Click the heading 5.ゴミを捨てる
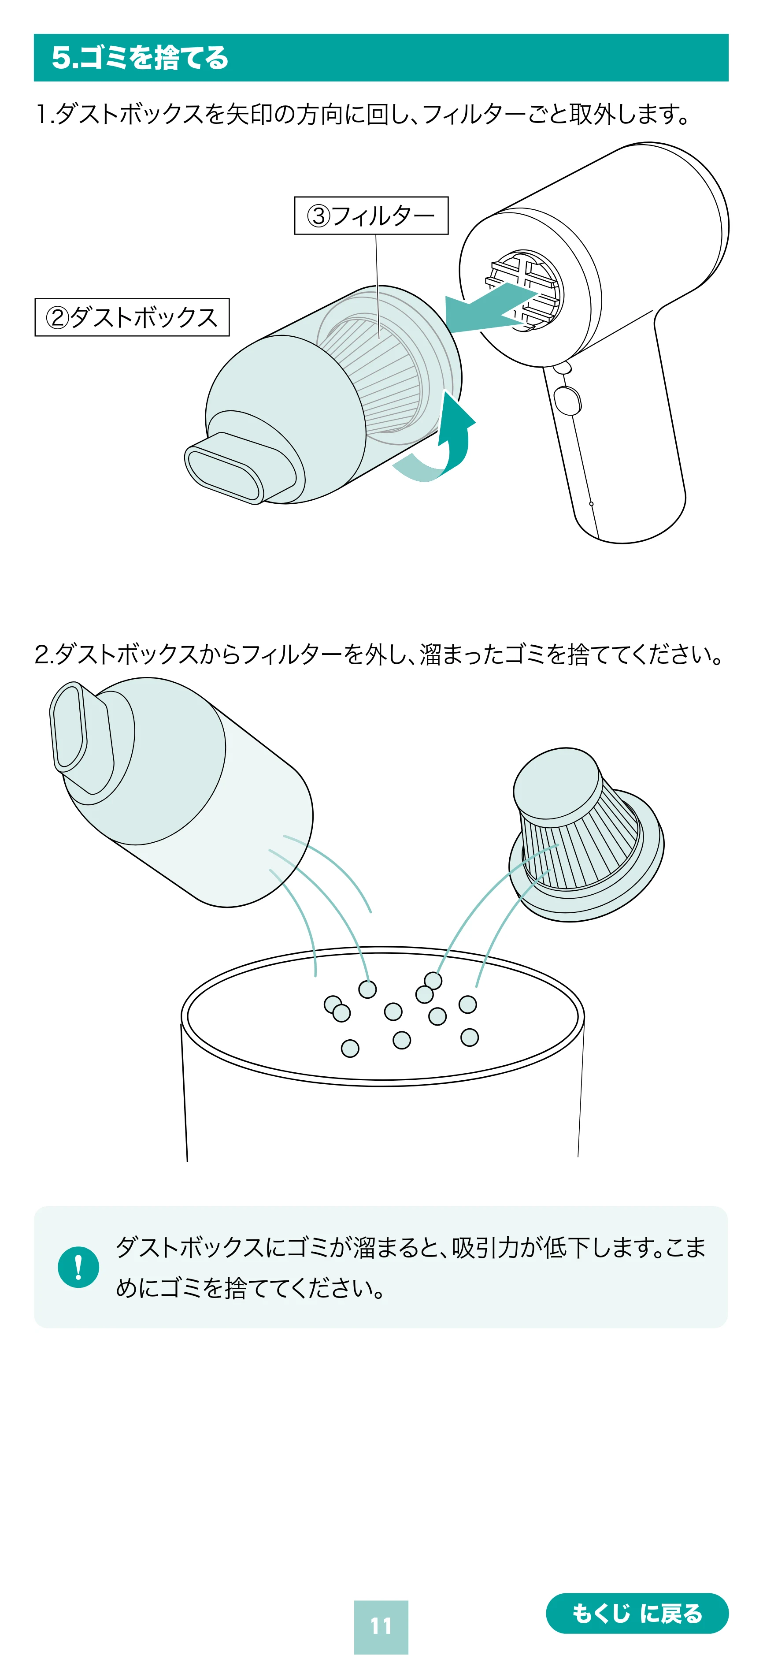point(140,58)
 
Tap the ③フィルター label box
point(371,215)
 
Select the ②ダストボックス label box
point(132,317)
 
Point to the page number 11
point(381,1626)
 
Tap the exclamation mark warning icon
point(78,1267)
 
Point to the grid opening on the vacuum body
point(523,290)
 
